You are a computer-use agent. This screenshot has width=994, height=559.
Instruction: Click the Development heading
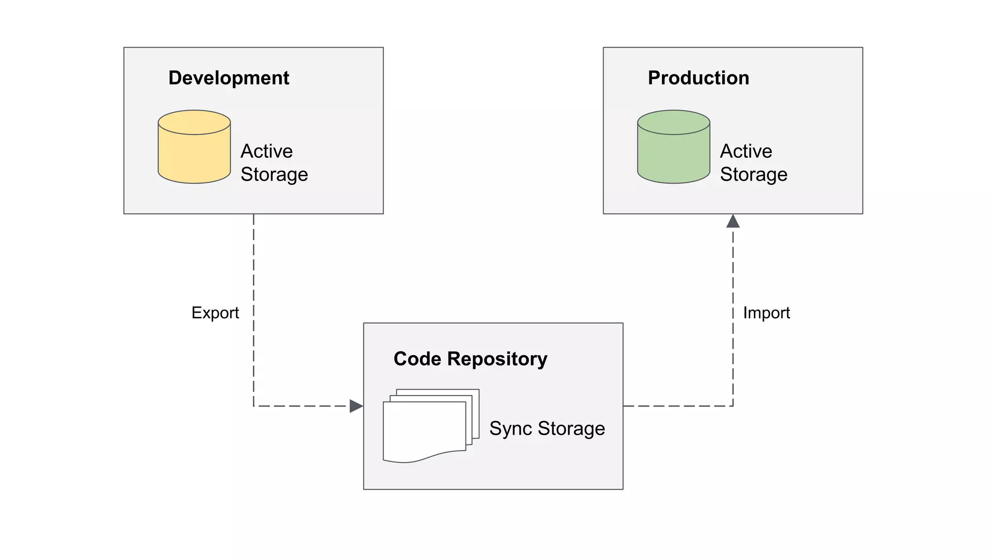(229, 78)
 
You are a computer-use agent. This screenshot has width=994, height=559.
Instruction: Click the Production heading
(698, 78)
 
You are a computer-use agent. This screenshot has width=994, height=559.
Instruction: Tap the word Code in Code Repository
(417, 359)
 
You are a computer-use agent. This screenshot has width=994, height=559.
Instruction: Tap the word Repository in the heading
(497, 359)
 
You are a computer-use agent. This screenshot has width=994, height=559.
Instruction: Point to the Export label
(215, 313)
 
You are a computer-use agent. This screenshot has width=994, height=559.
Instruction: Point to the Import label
(766, 313)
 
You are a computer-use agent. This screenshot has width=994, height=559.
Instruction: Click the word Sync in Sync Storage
(511, 429)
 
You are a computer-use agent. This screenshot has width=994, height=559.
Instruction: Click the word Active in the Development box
(266, 151)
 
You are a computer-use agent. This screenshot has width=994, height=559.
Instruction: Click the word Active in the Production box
(745, 151)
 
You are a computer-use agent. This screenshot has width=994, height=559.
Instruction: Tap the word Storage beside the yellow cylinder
(274, 175)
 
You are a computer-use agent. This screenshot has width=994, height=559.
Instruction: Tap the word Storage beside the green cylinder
(753, 175)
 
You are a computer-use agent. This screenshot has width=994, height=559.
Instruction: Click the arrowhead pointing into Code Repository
(356, 406)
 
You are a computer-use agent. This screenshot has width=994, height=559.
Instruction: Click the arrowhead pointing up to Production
(733, 222)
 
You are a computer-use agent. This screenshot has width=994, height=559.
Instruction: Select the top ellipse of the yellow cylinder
(194, 122)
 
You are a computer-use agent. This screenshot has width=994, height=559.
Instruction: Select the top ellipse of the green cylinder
(673, 122)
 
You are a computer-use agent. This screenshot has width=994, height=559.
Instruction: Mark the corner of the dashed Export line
(254, 406)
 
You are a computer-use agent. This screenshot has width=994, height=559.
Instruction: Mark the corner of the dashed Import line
(733, 406)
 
